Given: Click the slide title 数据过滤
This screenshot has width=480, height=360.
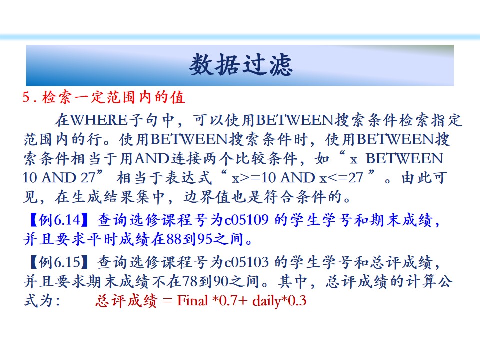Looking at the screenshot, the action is tap(241, 65).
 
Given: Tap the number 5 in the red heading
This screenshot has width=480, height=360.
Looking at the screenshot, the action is tap(26, 98).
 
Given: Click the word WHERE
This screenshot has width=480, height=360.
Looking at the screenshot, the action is tap(99, 120).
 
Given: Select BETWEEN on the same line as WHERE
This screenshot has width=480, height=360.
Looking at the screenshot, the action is tap(294, 120).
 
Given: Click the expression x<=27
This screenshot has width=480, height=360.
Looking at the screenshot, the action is tap(341, 178).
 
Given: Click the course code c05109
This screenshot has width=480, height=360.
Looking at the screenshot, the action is tap(246, 220).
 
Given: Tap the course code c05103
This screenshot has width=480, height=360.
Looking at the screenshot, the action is tap(246, 262).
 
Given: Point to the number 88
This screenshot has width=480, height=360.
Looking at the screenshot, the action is tap(174, 239).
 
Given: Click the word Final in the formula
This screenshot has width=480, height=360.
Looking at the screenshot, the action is tap(193, 301).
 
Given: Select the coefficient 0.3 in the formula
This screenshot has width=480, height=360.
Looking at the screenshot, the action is tap(297, 301).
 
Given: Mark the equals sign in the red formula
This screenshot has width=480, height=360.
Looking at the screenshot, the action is tap(168, 301).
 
